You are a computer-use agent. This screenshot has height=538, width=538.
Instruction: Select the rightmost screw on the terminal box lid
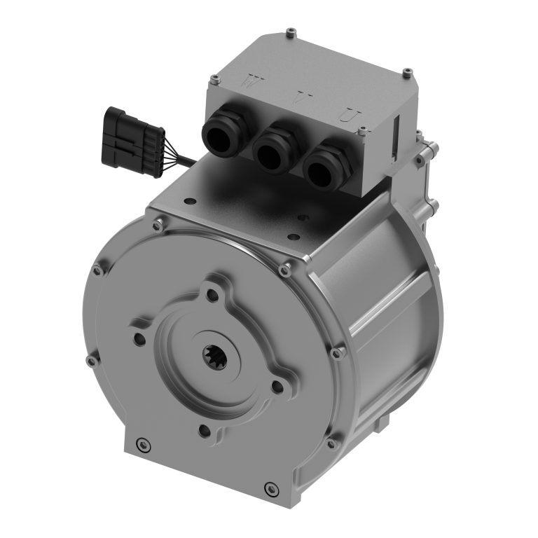407,72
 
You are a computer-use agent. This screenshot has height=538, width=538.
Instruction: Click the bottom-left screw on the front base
143,443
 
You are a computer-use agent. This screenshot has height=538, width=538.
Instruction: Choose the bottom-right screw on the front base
270,488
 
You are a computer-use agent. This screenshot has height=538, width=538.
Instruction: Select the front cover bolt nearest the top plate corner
284,270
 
